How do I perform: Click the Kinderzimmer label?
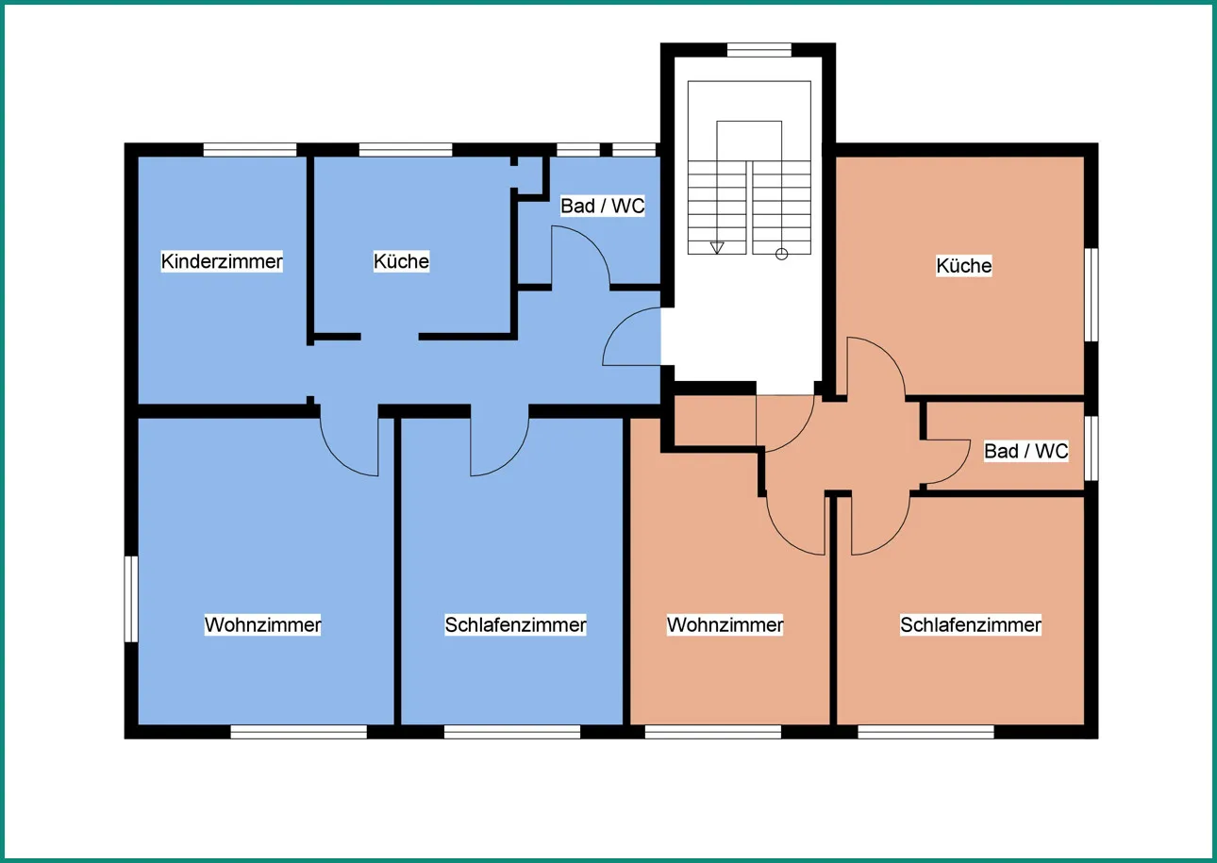click(222, 261)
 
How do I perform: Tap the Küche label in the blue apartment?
click(401, 261)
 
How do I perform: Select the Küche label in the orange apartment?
click(964, 266)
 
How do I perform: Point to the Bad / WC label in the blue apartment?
click(603, 206)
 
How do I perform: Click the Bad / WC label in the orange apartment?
click(1026, 452)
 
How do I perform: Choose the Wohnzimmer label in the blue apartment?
click(263, 624)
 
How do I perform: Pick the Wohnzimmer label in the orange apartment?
click(725, 624)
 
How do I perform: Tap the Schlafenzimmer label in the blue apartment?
click(516, 624)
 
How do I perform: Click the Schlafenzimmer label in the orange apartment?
click(971, 624)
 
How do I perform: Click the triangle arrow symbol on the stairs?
click(717, 248)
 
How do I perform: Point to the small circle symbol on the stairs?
click(781, 254)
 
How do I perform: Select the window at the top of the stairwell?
click(759, 49)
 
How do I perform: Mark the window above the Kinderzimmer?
click(250, 150)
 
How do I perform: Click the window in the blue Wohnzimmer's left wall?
click(131, 599)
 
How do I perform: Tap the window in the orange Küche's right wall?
click(1091, 294)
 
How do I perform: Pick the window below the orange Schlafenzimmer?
click(925, 732)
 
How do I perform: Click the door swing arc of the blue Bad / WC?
click(592, 242)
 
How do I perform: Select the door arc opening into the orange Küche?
click(889, 354)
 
